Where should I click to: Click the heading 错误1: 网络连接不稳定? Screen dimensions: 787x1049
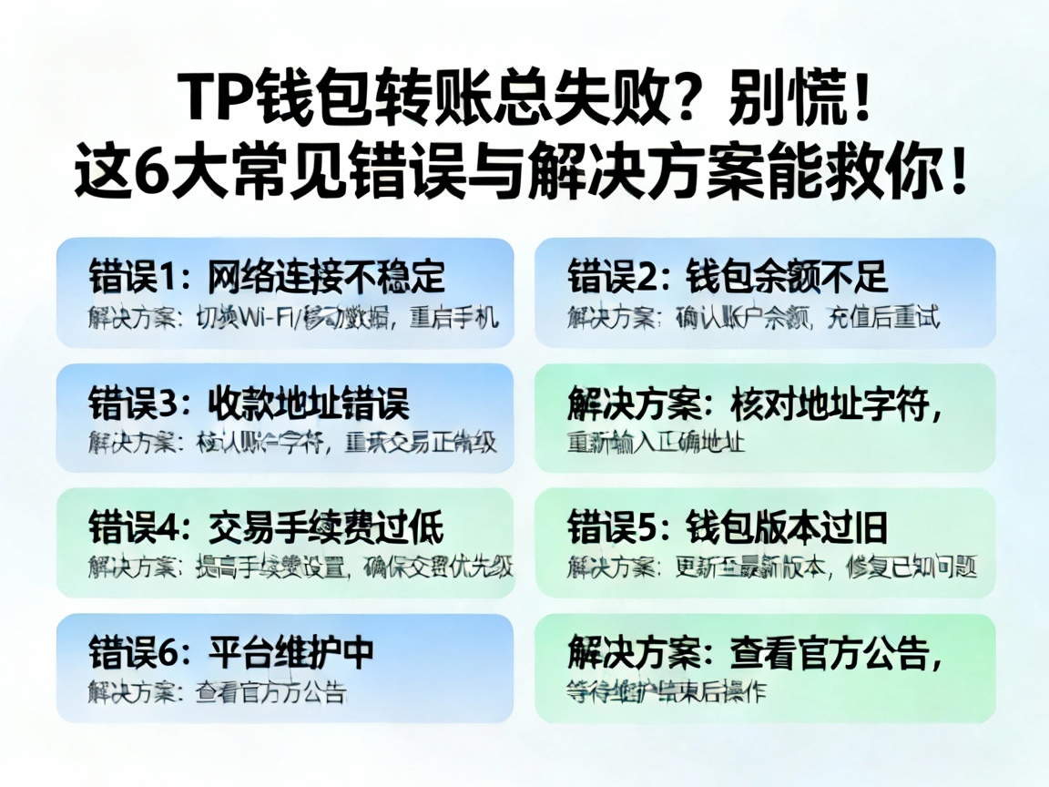pyautogui.click(x=267, y=276)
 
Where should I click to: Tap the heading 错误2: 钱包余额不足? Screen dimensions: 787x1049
pyautogui.click(x=728, y=276)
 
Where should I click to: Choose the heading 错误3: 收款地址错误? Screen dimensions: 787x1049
pyautogui.click(x=249, y=402)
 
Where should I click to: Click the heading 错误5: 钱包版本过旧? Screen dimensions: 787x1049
pyautogui.click(x=728, y=526)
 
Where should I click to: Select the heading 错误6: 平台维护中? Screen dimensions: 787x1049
pyautogui.click(x=231, y=652)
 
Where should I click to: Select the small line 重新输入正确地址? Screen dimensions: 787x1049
pyautogui.click(x=657, y=444)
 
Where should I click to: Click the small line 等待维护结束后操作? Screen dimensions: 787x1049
pyautogui.click(x=666, y=691)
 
